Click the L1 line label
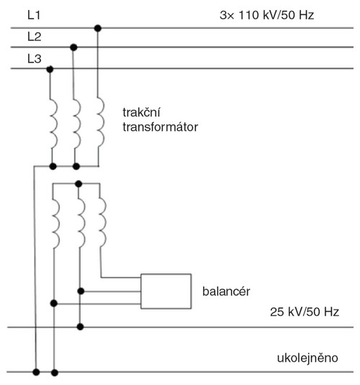[34, 15]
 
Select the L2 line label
[34, 37]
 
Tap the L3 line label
[34, 59]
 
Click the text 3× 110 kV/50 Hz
[266, 15]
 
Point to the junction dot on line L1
[98, 28]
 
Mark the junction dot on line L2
[73, 47]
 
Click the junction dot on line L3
[50, 69]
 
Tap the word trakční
[141, 112]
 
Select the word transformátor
[161, 127]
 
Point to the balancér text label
[226, 291]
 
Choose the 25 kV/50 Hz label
[305, 312]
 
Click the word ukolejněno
[307, 358]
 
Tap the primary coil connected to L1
[101, 123]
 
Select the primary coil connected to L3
[54, 124]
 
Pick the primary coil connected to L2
[77, 124]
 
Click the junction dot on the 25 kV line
[80, 327]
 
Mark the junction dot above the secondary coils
[78, 184]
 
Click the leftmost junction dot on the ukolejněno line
[36, 372]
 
